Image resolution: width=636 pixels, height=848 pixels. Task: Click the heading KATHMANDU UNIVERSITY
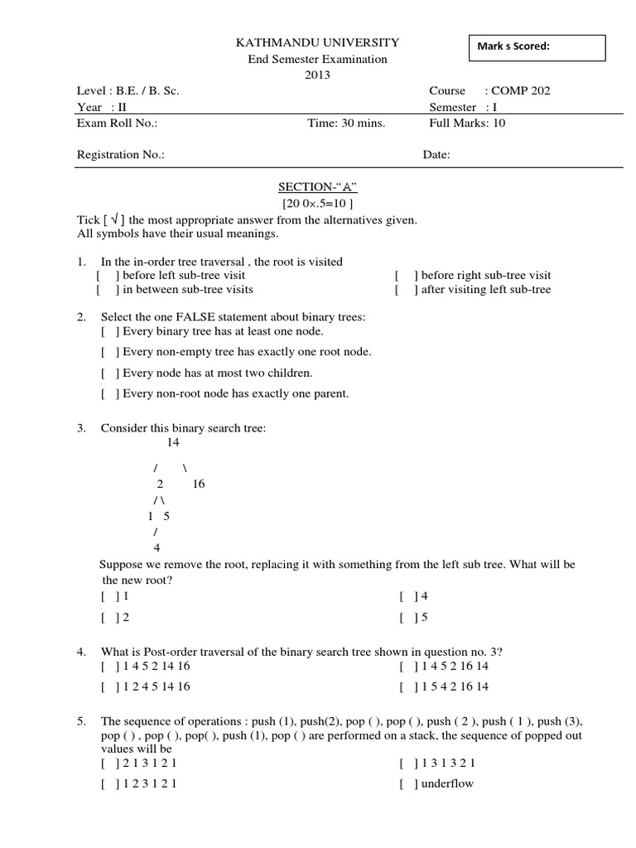click(x=306, y=42)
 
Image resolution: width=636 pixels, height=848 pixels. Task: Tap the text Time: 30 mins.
click(x=345, y=123)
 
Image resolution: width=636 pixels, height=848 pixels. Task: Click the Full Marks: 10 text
click(x=466, y=123)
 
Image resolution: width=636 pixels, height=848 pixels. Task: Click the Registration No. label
click(x=121, y=155)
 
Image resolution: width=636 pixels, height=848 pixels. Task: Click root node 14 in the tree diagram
click(x=173, y=443)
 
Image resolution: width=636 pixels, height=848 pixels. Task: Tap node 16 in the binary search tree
click(x=198, y=484)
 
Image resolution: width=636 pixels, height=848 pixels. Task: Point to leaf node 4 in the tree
click(x=157, y=548)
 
